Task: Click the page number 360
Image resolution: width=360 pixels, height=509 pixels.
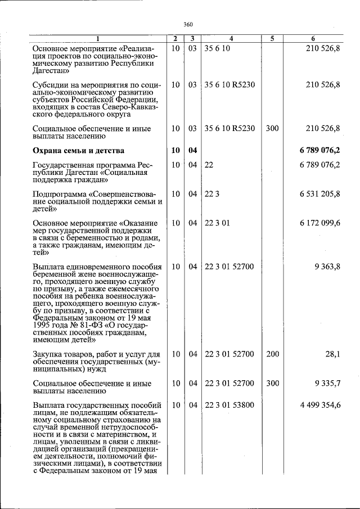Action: tap(188, 25)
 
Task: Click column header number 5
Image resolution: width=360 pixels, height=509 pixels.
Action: tap(272, 39)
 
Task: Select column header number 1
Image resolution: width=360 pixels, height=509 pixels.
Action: tap(97, 39)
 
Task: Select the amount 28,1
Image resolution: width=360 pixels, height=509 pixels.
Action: tap(332, 354)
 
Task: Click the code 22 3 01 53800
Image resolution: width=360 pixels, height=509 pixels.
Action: tap(229, 405)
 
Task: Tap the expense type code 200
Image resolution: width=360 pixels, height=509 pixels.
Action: tap(272, 354)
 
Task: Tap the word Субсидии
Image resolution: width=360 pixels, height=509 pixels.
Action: tap(51, 84)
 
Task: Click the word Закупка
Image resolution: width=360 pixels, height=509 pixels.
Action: tap(48, 354)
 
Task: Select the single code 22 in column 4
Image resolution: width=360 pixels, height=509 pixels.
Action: tap(209, 165)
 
